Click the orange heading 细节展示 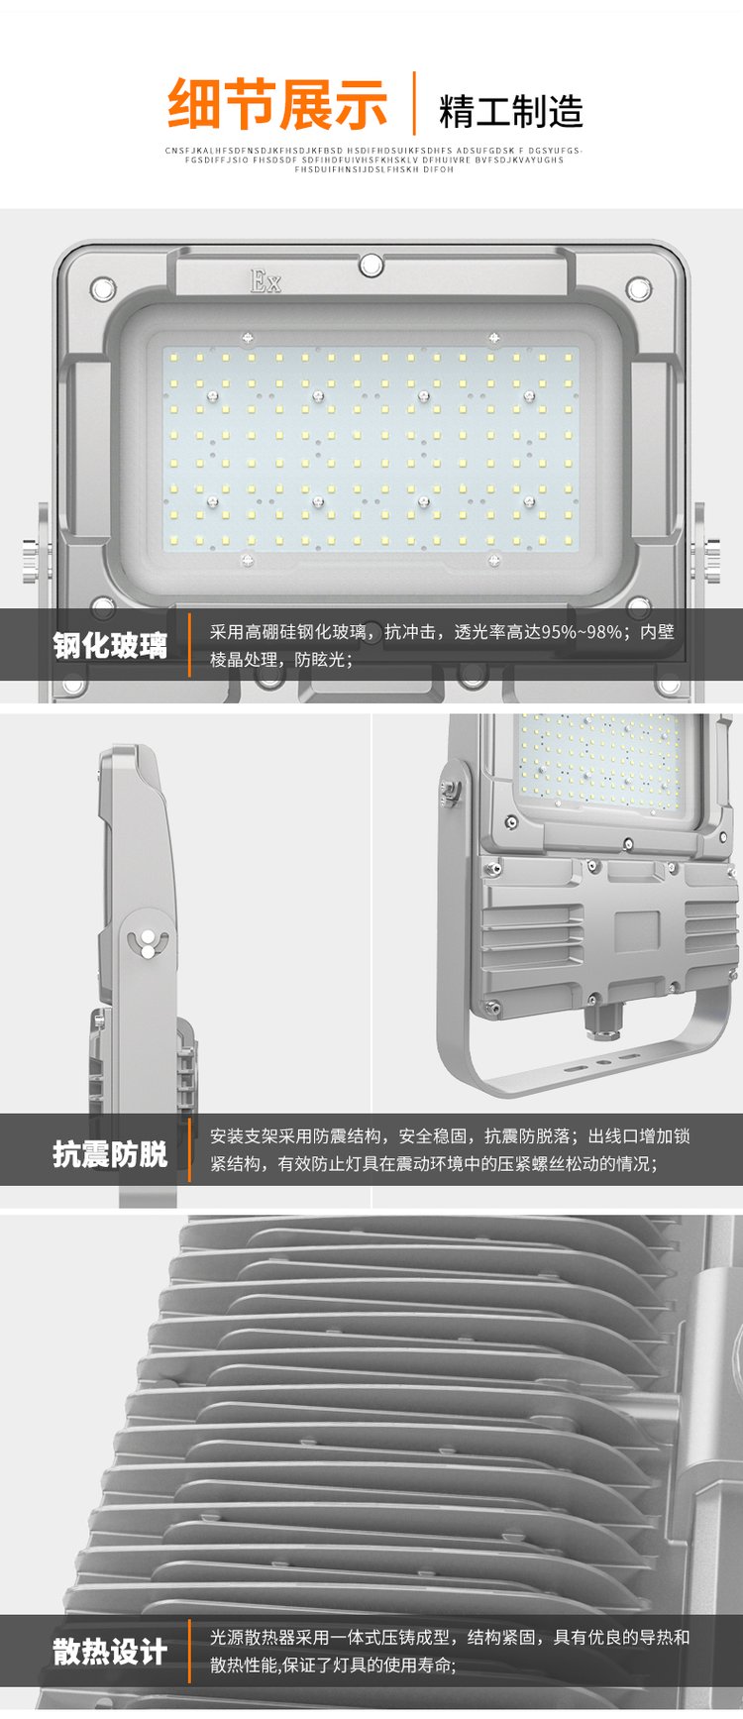point(277,104)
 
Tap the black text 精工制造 point(511,112)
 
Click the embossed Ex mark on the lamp point(265,280)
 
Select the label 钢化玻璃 point(110,646)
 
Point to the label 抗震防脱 point(110,1154)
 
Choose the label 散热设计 point(110,1652)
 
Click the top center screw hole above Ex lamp point(371,265)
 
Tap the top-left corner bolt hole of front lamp point(102,289)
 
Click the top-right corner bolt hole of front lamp point(639,289)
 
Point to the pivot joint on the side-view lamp point(148,943)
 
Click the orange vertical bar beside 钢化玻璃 point(189,645)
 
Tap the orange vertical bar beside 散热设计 point(189,1651)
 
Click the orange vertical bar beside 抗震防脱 point(189,1149)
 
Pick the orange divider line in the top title point(414,103)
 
